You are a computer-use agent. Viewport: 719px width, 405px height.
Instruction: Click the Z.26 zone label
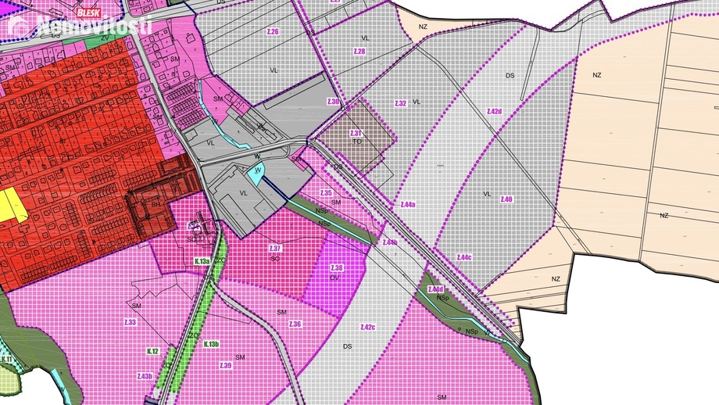(x=273, y=30)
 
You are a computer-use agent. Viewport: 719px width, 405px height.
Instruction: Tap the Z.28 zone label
(x=359, y=51)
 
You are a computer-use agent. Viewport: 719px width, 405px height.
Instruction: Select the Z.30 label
(x=333, y=102)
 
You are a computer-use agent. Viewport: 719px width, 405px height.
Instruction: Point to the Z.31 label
(x=356, y=134)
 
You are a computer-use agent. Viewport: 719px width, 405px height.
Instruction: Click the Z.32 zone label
(x=400, y=103)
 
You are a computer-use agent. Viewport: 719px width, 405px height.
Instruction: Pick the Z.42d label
(x=493, y=112)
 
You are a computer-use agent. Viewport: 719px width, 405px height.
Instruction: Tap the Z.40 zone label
(x=506, y=199)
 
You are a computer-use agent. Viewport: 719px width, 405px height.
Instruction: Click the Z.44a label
(x=406, y=205)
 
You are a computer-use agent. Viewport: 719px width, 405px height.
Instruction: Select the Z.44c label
(x=464, y=257)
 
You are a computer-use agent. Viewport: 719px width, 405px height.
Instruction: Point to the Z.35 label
(x=326, y=192)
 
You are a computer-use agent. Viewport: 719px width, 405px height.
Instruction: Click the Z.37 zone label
(x=275, y=249)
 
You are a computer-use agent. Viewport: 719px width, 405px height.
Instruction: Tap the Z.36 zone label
(x=295, y=324)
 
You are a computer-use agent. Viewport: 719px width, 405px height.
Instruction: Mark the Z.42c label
(x=367, y=327)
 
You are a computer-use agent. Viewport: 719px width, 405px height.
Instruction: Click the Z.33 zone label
(x=130, y=322)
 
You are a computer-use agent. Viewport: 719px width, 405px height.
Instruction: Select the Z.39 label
(x=226, y=366)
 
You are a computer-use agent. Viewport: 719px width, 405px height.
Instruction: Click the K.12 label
(x=152, y=352)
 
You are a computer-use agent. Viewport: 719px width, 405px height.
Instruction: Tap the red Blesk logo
(x=87, y=13)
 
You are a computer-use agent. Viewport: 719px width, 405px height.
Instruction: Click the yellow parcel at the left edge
(x=12, y=204)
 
